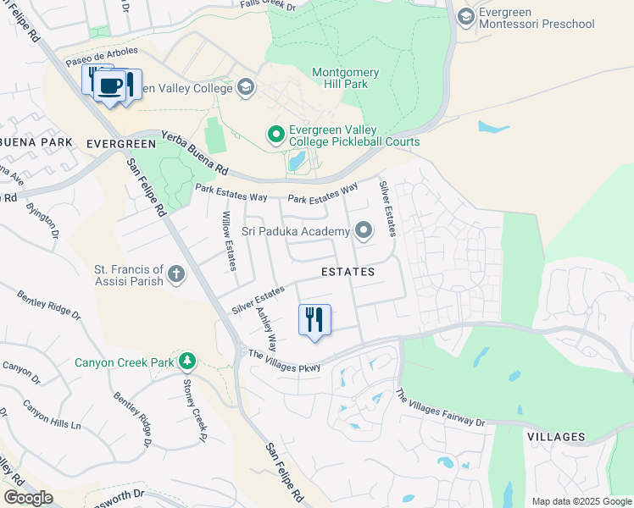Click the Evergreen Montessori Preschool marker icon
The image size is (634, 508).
[x=465, y=16]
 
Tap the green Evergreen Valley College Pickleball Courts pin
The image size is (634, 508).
[x=275, y=135]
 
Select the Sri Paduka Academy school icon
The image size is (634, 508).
[x=364, y=230]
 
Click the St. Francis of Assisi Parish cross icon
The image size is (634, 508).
[x=176, y=273]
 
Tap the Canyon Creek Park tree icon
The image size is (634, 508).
[x=186, y=362]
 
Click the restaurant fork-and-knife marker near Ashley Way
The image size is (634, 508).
[x=314, y=320]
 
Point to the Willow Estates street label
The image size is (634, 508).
[x=227, y=241]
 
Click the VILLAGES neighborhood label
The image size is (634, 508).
[x=556, y=437]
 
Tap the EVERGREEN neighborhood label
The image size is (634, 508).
[x=121, y=144]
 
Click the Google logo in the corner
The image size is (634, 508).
[x=28, y=498]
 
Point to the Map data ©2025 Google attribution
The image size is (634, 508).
[x=581, y=501]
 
